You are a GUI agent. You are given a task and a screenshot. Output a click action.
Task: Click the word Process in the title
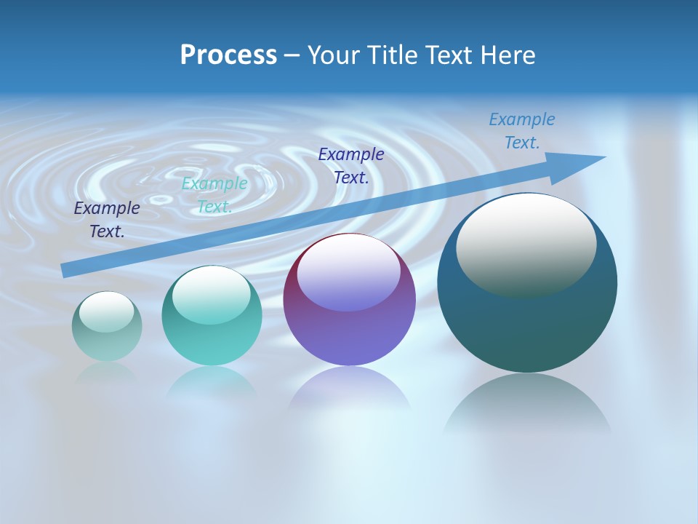click(228, 55)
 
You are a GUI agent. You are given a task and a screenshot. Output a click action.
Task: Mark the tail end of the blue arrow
click(64, 271)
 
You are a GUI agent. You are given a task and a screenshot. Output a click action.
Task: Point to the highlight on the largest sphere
click(526, 245)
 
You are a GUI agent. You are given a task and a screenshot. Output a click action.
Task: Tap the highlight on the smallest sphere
click(106, 311)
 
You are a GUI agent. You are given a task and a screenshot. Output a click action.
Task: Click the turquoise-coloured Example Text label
click(214, 195)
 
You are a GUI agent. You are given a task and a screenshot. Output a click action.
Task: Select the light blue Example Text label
click(522, 131)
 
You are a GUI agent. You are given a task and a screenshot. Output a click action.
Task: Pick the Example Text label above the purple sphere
click(351, 165)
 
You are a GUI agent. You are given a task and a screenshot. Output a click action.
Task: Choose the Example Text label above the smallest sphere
click(107, 219)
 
